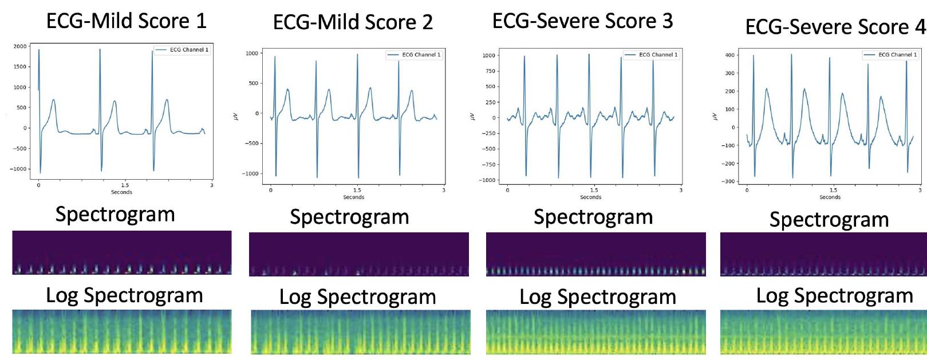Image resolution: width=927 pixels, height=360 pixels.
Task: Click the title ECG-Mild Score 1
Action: [x=126, y=21]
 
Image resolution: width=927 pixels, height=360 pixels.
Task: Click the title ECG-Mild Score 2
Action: [x=353, y=22]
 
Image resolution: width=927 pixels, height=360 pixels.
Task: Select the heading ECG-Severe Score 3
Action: [x=582, y=21]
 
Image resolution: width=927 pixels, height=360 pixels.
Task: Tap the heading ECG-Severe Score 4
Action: [x=835, y=26]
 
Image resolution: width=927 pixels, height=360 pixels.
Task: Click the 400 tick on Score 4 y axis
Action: [x=730, y=55]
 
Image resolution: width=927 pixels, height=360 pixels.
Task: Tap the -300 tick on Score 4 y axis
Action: [x=729, y=181]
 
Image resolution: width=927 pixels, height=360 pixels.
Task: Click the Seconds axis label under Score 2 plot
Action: [x=353, y=197]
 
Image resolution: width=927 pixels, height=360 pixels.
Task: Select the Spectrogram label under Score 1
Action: [x=115, y=214]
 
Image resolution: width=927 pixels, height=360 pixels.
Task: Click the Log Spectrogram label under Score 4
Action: [x=834, y=295]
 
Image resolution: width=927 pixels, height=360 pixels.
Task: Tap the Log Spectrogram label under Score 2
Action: [x=357, y=296]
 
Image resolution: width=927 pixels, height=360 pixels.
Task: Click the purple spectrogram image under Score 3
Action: [x=595, y=254]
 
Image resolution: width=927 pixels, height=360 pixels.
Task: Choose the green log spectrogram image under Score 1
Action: [x=122, y=331]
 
